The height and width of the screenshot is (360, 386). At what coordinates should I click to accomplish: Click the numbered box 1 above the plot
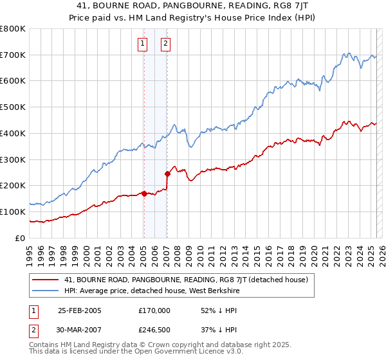[142, 44]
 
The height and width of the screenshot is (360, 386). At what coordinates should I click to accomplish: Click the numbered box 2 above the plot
[165, 44]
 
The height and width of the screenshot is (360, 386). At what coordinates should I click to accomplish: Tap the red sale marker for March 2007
[167, 173]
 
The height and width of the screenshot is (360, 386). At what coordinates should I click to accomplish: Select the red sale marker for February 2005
[143, 193]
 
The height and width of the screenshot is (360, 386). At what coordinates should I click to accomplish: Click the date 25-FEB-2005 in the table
[80, 310]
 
